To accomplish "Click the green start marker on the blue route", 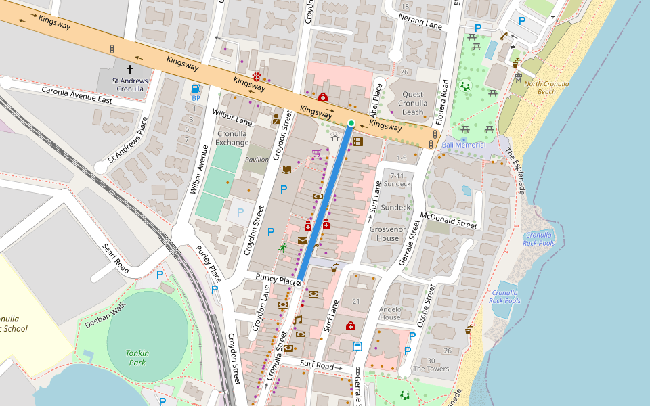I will point(351,122).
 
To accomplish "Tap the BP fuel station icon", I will point(196,89).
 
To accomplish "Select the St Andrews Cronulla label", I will point(129,85).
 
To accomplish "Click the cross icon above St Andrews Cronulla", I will point(129,69).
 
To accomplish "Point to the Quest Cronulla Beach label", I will point(412,104).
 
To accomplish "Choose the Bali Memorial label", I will point(464,145).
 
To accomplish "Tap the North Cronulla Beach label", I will point(546,88).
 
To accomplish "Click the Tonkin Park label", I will point(137,357).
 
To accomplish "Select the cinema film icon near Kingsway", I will point(358,141).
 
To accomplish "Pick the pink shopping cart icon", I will point(316,153).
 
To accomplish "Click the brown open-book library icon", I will point(286,168).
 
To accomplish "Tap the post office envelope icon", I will point(302,240).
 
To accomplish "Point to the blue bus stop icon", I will point(357,346).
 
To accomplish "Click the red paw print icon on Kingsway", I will point(257,76).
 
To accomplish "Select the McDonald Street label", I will point(448,220).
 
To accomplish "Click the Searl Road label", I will point(115,258).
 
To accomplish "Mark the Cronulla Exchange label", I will point(232,138).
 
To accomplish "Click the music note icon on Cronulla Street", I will point(297,319).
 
